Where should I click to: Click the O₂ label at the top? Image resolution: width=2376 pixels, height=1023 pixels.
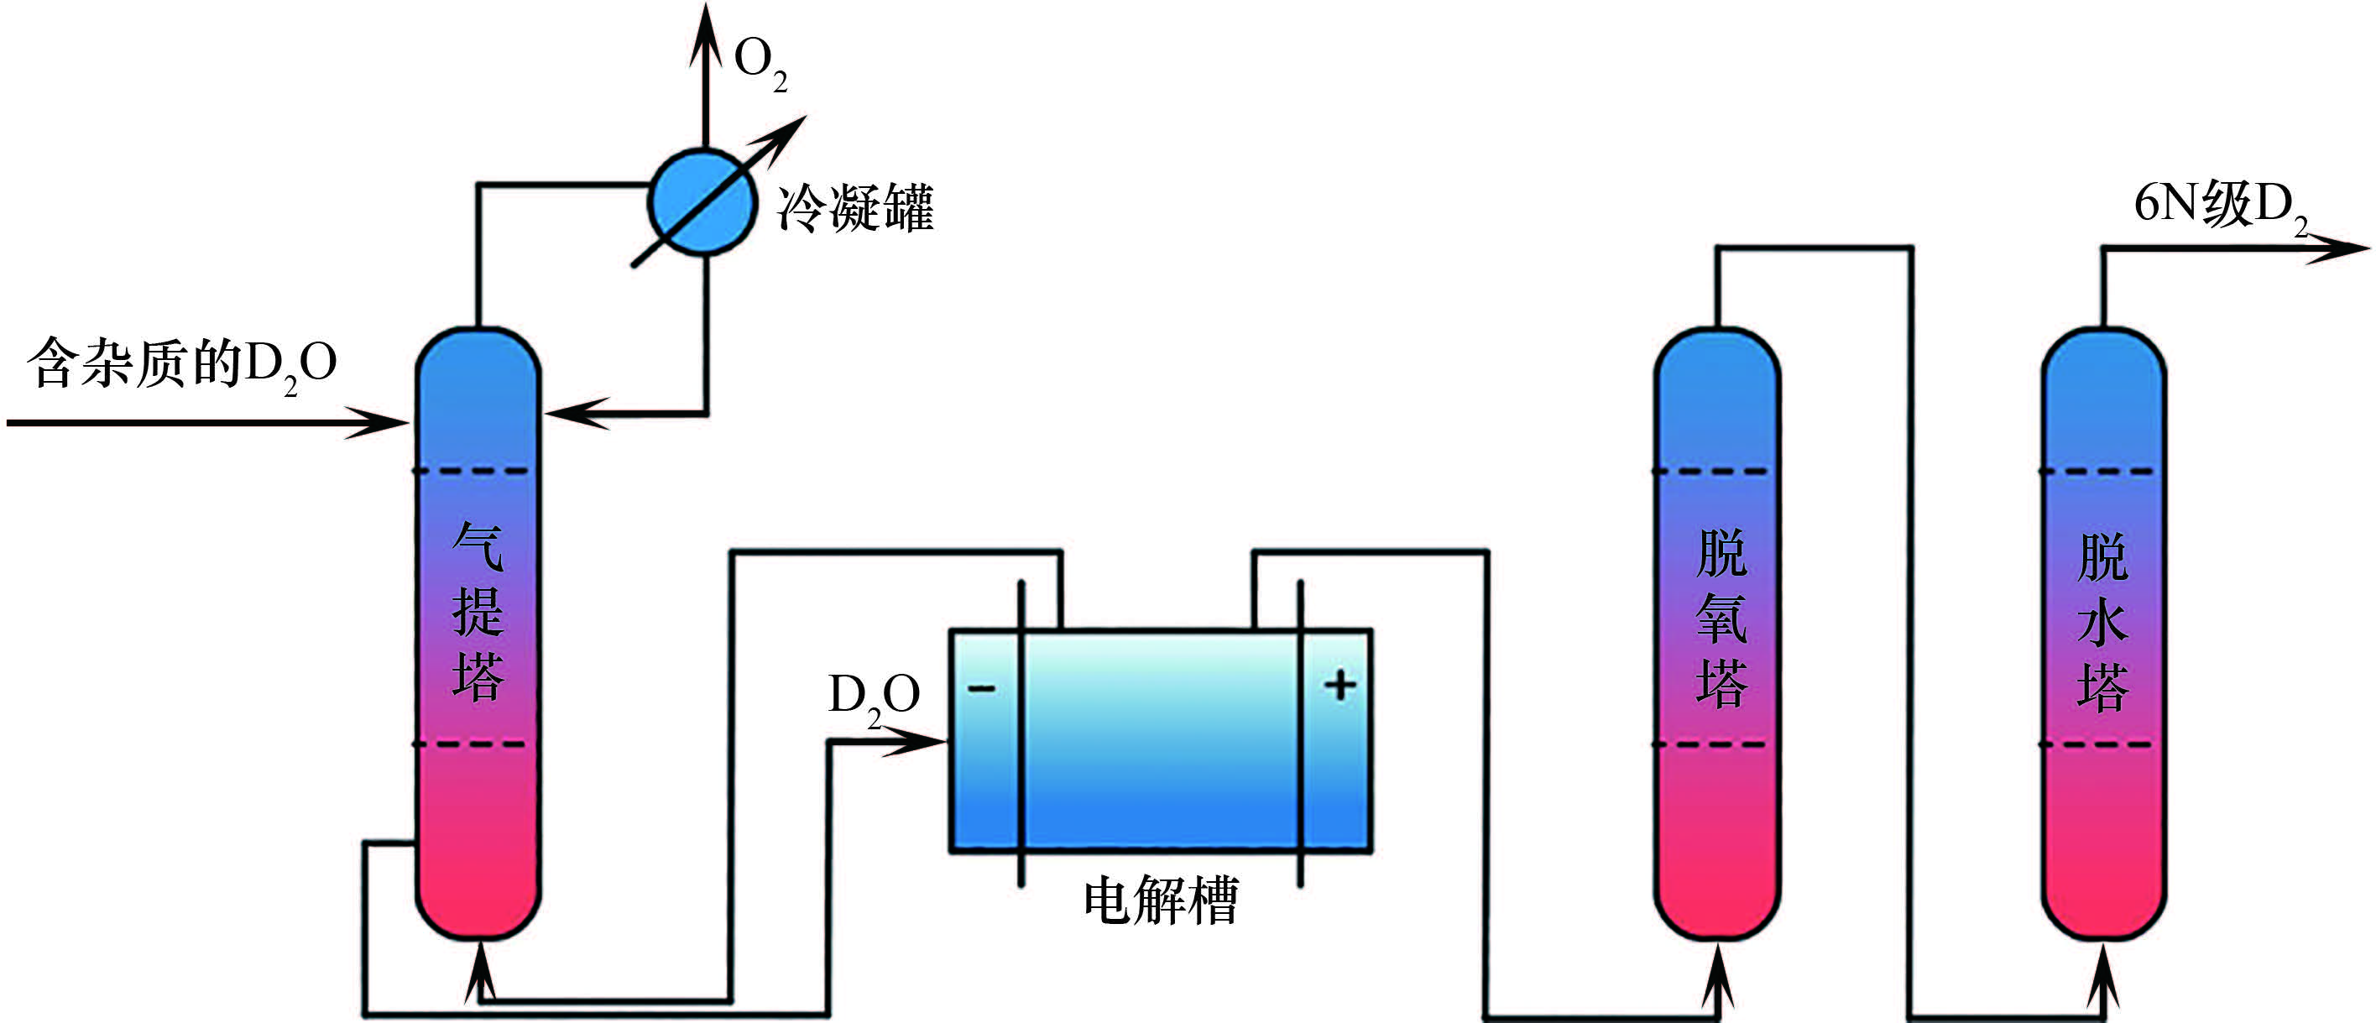(759, 63)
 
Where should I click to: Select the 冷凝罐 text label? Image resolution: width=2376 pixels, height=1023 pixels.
(855, 207)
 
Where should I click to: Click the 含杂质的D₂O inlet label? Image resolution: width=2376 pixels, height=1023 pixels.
(182, 364)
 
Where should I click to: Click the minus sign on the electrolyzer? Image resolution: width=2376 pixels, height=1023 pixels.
(981, 688)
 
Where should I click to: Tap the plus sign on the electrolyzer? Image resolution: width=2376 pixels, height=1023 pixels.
(1339, 686)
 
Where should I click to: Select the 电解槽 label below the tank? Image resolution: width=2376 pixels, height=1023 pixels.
(1161, 901)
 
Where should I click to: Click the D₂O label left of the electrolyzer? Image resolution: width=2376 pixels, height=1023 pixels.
(874, 697)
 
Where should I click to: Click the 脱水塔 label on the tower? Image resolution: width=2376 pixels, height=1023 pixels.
(2102, 622)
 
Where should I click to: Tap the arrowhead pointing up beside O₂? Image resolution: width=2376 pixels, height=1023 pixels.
(706, 32)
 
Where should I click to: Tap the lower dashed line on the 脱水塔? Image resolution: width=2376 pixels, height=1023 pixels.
(2103, 744)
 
